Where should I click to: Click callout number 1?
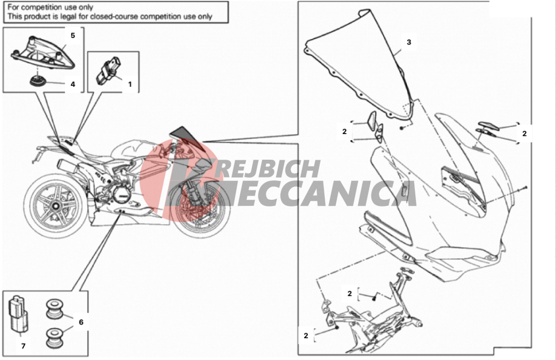(x=130, y=84)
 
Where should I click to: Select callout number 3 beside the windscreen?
(x=409, y=42)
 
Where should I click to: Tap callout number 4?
(x=73, y=85)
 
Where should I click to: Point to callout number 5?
(x=73, y=36)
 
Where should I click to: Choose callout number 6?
(x=81, y=322)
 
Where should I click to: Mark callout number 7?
(x=23, y=346)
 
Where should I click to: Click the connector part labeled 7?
(x=18, y=314)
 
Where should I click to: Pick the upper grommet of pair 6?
(x=55, y=308)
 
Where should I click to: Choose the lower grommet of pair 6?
(x=55, y=337)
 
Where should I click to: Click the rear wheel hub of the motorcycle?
(x=55, y=206)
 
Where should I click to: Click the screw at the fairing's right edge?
(x=525, y=188)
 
